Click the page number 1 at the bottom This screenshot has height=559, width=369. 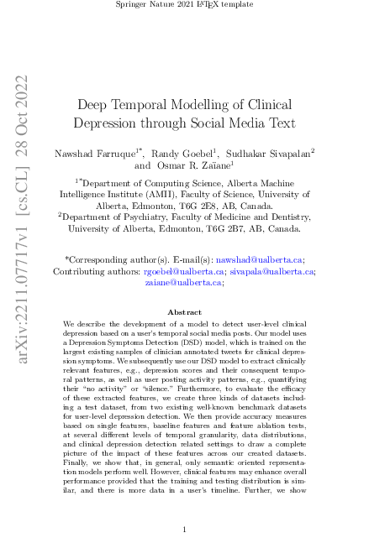(x=185, y=530)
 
